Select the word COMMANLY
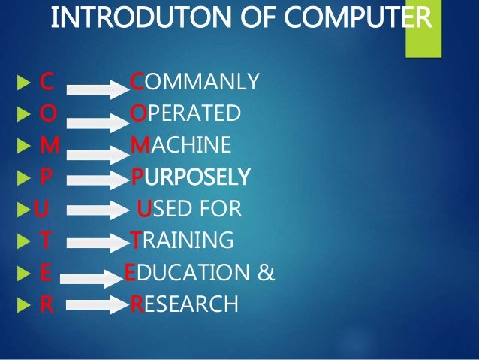click(x=195, y=80)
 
